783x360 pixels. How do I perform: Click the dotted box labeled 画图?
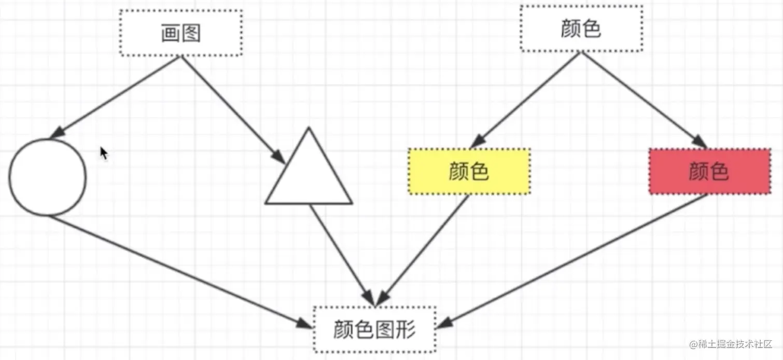click(180, 33)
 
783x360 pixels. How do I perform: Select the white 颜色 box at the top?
click(581, 29)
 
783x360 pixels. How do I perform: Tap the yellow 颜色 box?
click(469, 172)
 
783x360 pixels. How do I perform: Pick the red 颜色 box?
click(709, 172)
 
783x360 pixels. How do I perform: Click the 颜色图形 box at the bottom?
click(374, 329)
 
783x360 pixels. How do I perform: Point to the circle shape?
click(48, 177)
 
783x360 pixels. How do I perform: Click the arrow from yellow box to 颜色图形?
click(423, 249)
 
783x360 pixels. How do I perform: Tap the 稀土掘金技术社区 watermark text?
click(731, 344)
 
